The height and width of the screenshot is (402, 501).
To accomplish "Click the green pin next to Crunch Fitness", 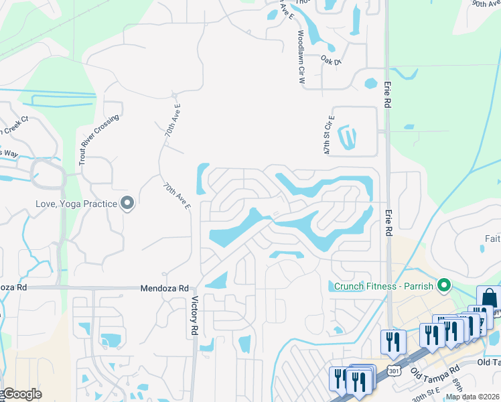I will click(x=443, y=286).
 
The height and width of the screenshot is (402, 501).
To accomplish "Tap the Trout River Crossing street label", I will click(x=98, y=139).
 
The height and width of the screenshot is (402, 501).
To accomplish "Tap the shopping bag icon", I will click(x=488, y=297).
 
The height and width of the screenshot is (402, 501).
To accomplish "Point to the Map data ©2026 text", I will click(x=472, y=397).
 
